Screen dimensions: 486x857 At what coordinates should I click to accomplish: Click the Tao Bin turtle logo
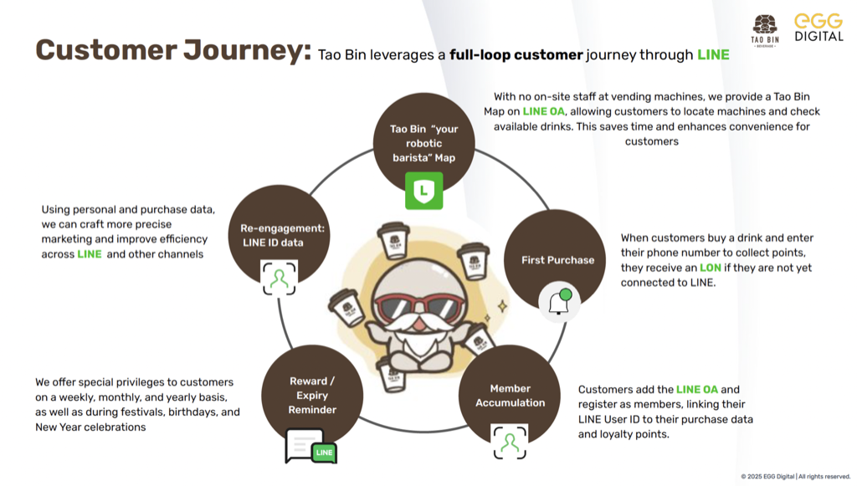click(x=765, y=28)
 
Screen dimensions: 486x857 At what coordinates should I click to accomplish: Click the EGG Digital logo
click(x=819, y=28)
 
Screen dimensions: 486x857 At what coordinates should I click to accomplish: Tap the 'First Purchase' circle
click(x=557, y=259)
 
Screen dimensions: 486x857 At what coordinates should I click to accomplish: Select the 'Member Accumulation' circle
click(x=510, y=395)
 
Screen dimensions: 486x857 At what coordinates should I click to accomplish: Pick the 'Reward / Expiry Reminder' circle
click(x=312, y=395)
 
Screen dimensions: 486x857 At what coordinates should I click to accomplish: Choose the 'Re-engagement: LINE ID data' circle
click(x=282, y=235)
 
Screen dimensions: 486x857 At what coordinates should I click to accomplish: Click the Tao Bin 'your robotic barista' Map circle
click(x=423, y=142)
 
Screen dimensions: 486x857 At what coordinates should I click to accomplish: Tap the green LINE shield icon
click(x=424, y=191)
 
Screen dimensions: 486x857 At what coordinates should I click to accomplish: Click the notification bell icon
click(x=560, y=303)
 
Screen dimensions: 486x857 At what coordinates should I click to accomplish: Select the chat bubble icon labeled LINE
click(x=310, y=447)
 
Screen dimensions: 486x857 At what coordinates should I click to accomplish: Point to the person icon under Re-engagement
click(x=280, y=279)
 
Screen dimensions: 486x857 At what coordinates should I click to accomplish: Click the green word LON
click(x=711, y=268)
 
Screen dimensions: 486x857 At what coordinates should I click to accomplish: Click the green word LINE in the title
click(x=713, y=54)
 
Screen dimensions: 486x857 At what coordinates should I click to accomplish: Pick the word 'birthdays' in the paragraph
click(x=199, y=412)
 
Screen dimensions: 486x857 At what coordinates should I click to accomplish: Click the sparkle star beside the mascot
click(x=502, y=306)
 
